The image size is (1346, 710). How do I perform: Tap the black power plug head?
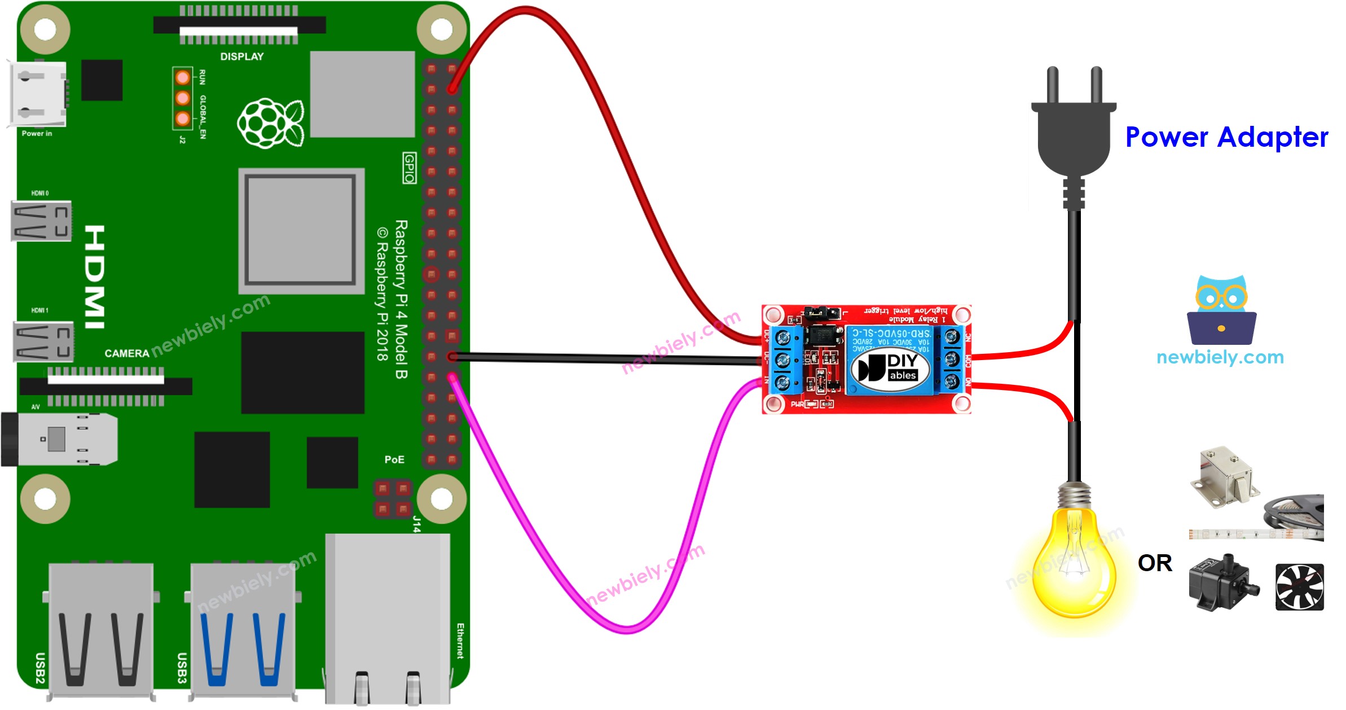(x=1073, y=135)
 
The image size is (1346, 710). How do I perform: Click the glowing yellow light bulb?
(x=1074, y=564)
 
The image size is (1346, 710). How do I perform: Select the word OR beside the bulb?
(x=1154, y=563)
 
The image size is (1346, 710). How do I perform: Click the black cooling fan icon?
(x=1299, y=587)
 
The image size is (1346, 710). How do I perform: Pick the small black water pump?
(x=1221, y=584)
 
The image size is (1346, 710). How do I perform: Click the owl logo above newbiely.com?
(x=1221, y=310)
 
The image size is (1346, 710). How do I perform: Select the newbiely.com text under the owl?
(x=1220, y=357)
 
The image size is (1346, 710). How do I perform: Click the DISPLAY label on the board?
(x=241, y=57)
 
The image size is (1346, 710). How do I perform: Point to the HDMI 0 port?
(x=41, y=221)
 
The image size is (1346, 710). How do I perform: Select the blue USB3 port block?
(x=243, y=629)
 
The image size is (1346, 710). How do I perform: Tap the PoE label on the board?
(x=394, y=459)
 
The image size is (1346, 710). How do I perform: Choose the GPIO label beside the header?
(x=410, y=168)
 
